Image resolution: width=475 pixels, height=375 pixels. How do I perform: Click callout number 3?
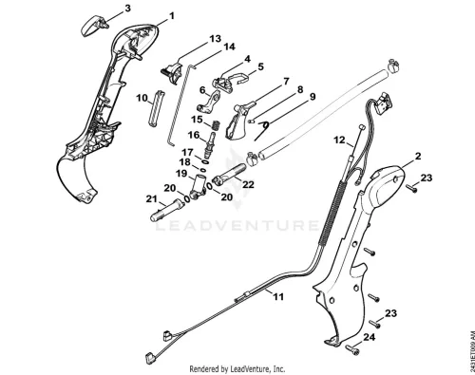[x=127, y=9]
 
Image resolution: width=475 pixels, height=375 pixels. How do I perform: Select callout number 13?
[x=216, y=39]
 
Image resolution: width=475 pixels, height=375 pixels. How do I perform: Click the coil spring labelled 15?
[x=216, y=124]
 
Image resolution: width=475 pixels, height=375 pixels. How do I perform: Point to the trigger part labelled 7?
[x=238, y=122]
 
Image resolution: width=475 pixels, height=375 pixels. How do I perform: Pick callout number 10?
[x=142, y=98]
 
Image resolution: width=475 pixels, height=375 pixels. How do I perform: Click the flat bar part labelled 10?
[x=156, y=109]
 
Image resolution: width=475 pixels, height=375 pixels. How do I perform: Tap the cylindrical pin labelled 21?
[x=167, y=211]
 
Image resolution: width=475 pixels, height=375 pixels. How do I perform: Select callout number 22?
[x=248, y=184]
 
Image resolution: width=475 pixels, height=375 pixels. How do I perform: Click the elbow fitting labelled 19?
[x=199, y=187]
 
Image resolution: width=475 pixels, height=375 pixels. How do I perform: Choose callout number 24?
[x=369, y=337]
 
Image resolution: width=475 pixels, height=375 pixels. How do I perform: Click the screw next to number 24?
[x=352, y=349]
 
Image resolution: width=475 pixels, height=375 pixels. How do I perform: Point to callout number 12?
[x=340, y=140]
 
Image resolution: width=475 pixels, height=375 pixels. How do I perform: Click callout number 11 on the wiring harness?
[x=278, y=296]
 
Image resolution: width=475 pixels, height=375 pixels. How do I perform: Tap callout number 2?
[x=418, y=156]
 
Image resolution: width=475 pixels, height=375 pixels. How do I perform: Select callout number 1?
[x=172, y=15]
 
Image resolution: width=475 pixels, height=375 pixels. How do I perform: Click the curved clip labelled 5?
[x=239, y=78]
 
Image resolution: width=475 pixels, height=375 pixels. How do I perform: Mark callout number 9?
[x=313, y=97]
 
